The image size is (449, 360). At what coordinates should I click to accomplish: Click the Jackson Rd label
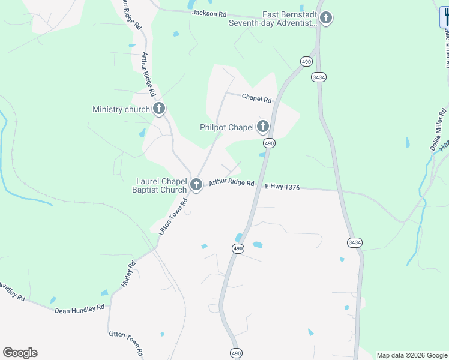(x=209, y=13)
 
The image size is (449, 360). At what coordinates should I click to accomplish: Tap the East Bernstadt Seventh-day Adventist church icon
(x=326, y=18)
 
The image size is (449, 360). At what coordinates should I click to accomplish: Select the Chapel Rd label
(x=256, y=98)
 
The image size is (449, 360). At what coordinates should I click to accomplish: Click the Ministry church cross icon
(x=159, y=109)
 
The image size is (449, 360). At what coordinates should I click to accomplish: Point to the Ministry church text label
(x=121, y=109)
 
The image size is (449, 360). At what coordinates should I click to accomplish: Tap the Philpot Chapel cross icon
(x=263, y=127)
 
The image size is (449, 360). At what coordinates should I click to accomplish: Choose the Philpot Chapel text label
(x=227, y=127)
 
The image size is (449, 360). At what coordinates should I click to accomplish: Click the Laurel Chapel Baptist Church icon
(x=196, y=185)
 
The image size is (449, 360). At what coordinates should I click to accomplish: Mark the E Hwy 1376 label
(x=282, y=187)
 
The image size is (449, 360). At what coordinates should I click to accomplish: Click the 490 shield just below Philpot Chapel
(x=269, y=143)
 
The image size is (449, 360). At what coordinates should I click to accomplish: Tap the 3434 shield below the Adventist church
(x=319, y=77)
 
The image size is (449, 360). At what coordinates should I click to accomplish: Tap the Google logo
(x=20, y=353)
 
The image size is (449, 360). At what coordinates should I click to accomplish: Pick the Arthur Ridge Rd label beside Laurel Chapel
(x=232, y=182)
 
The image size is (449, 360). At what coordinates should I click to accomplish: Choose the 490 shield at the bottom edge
(x=236, y=354)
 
